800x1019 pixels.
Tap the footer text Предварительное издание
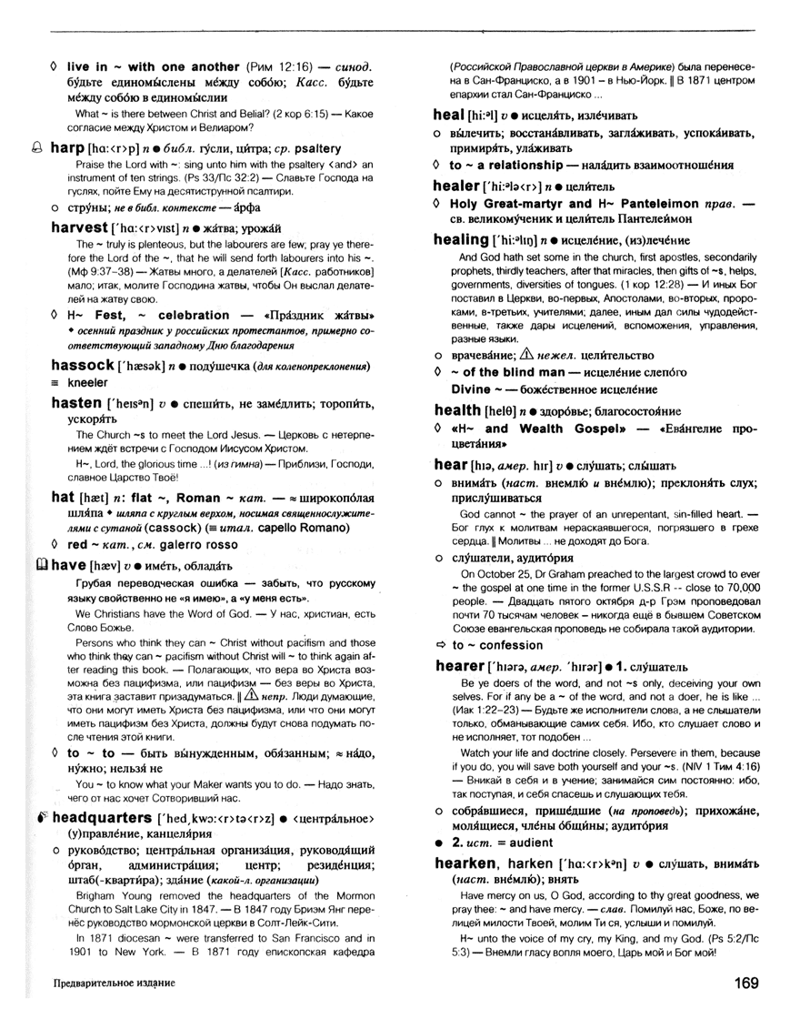pos(114,984)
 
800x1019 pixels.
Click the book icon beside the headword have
pos(40,564)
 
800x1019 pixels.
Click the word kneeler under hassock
pos(86,383)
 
